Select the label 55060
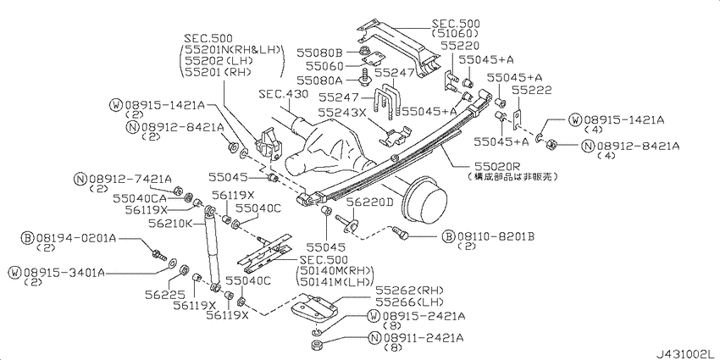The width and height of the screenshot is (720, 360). (x=324, y=66)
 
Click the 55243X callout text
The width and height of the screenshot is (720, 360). (x=342, y=111)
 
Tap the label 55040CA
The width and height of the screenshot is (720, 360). (x=140, y=197)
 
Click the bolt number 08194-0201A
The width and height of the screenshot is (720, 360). (x=75, y=238)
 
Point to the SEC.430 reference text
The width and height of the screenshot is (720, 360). (x=284, y=94)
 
